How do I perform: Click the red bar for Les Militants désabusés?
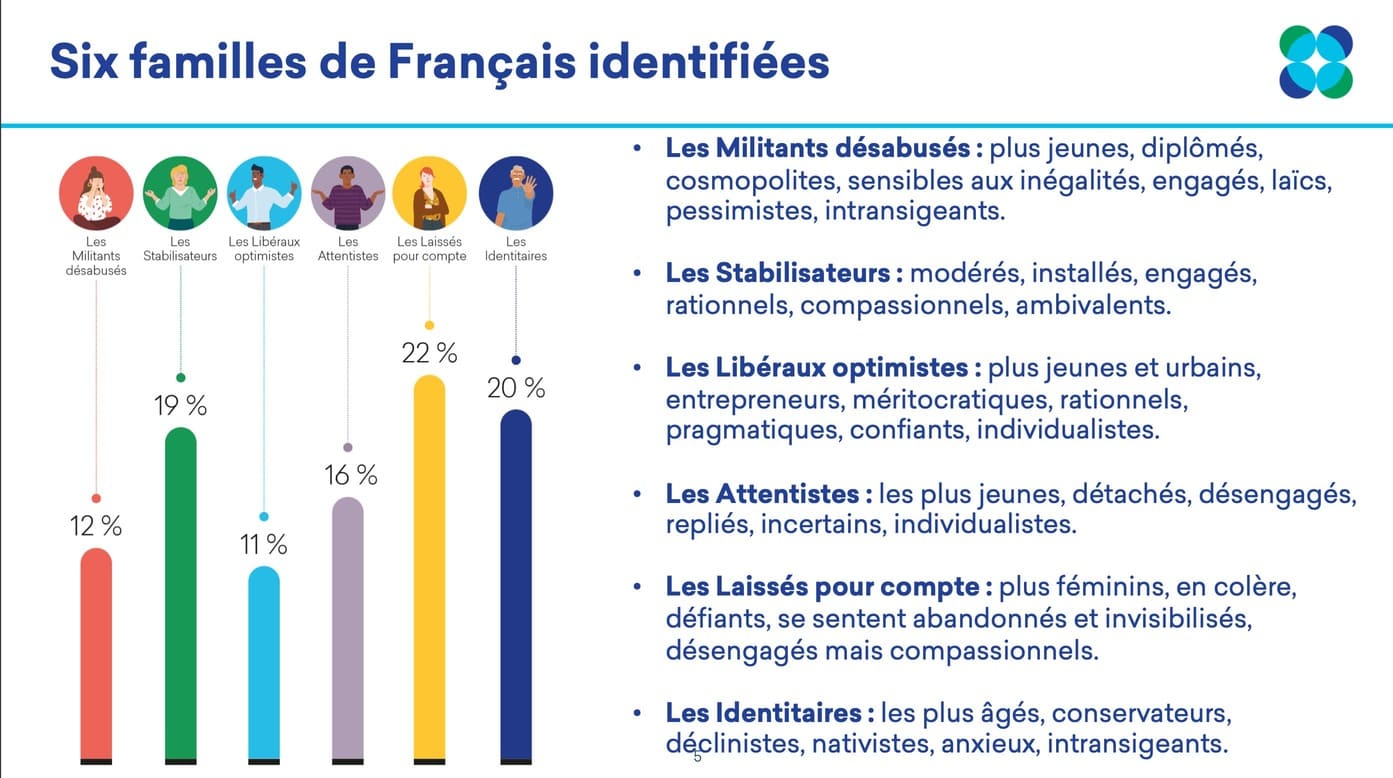coord(96,655)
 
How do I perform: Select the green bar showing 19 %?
coord(180,595)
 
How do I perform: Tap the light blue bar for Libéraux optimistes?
coord(264,664)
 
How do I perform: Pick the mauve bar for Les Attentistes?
coord(348,630)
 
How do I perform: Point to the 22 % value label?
coord(429,353)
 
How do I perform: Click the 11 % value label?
coord(264,545)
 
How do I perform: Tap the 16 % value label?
coord(350,476)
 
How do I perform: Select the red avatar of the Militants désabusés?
coord(96,194)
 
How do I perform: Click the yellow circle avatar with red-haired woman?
coord(429,194)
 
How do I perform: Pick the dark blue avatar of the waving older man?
coord(516,194)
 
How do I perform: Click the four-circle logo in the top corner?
coord(1316,62)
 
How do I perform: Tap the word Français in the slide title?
coord(481,62)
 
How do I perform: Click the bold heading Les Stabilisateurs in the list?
coord(783,273)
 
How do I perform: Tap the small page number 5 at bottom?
coord(698,757)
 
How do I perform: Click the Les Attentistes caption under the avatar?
coord(348,249)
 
